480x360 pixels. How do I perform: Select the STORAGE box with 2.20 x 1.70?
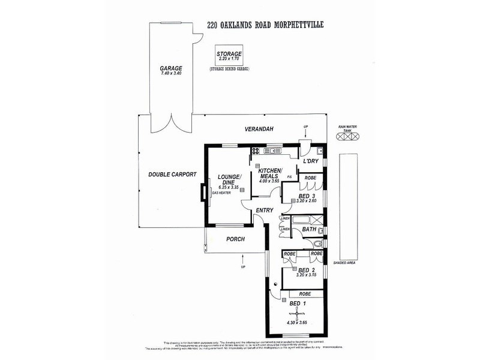point(229,58)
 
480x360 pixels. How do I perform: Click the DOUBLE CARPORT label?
point(173,175)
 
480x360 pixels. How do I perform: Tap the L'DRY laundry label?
point(310,161)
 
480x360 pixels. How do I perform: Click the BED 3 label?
point(307,196)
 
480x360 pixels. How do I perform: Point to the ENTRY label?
point(265,210)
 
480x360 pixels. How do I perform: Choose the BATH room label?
point(309,229)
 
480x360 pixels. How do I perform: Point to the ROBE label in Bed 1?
point(304,294)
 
